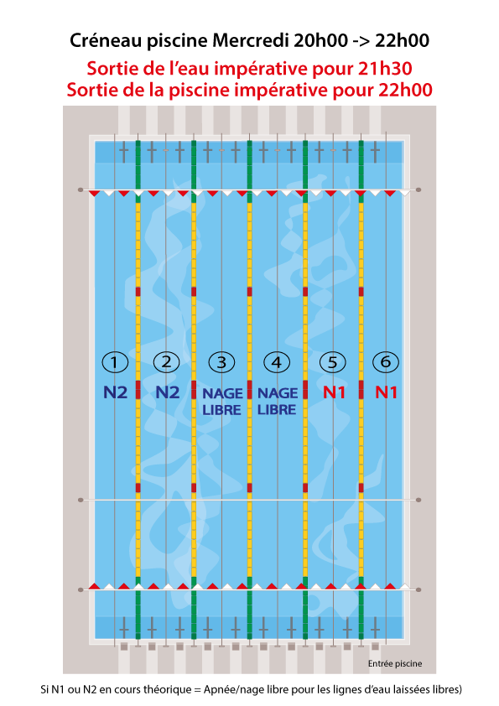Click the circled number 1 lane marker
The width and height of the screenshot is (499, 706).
(115, 362)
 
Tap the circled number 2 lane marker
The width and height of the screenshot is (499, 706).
(166, 361)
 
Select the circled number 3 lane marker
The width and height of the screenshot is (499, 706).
(221, 362)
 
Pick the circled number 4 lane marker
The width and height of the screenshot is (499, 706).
(277, 362)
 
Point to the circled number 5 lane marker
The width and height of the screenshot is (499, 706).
(332, 362)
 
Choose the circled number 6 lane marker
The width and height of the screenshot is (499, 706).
(386, 361)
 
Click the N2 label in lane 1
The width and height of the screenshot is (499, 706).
(115, 392)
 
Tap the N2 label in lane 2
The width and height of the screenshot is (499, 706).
(168, 392)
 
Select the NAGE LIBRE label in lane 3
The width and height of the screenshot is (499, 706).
(222, 402)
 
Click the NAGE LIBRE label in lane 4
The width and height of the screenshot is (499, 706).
(277, 401)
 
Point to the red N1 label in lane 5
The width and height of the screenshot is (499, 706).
(334, 392)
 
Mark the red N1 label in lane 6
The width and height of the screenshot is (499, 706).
(387, 392)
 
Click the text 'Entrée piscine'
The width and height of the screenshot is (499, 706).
(395, 664)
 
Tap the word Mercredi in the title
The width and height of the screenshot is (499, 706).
(251, 40)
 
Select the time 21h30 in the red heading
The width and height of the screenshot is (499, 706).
(385, 69)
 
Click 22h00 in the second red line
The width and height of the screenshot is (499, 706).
(405, 90)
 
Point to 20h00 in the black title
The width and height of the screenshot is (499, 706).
(321, 40)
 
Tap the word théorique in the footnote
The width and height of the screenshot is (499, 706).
(169, 689)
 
